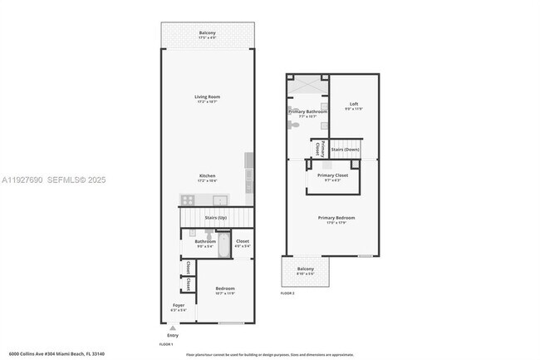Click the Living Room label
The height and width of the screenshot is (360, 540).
206,99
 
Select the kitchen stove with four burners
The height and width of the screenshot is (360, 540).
188,200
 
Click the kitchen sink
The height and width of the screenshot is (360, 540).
220,200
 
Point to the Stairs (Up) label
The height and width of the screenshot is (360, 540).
215,218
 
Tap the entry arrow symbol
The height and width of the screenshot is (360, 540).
172,325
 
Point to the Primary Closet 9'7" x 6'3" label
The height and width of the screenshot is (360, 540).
332,177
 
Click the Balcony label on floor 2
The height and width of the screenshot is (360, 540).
306,270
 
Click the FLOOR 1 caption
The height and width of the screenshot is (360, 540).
166,343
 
